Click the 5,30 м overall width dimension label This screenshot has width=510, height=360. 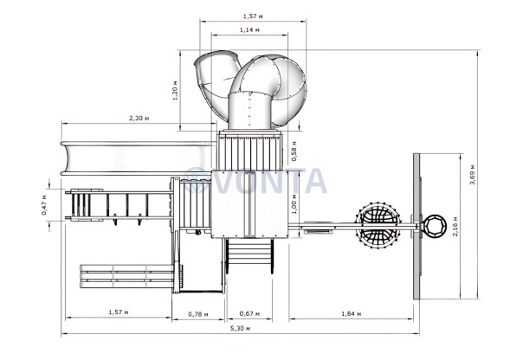[240, 328]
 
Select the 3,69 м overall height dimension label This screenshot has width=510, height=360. [472, 175]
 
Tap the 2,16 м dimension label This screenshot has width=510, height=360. [455, 226]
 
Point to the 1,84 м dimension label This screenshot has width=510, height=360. [352, 314]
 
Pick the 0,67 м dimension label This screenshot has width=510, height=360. [249, 314]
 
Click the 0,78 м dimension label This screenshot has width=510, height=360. [198, 314]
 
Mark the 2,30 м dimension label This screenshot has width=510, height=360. [139, 118]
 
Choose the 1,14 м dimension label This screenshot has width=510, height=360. [249, 30]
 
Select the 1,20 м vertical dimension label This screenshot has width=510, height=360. [175, 90]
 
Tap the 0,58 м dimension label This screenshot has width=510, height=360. [294, 151]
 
